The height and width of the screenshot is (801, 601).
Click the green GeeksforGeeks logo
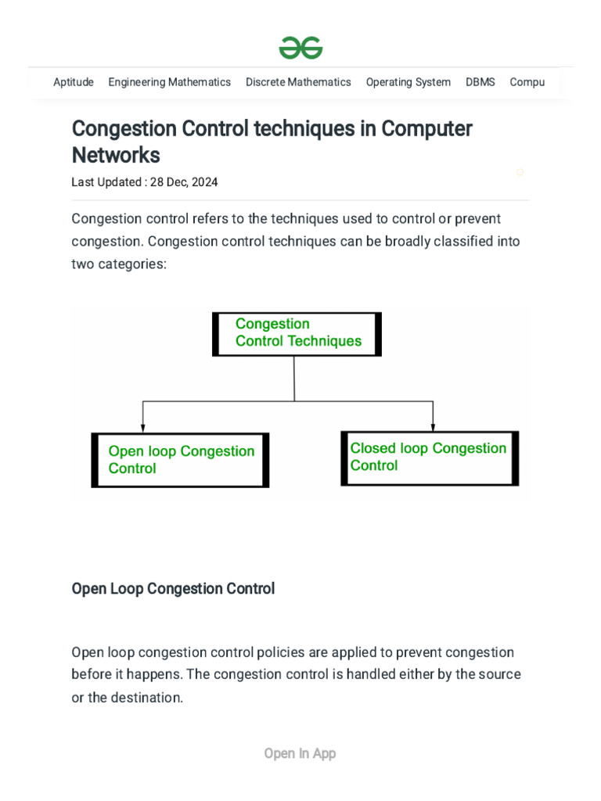300,48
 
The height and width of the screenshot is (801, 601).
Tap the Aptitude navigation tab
74,82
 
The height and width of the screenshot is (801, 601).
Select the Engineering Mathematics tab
169,82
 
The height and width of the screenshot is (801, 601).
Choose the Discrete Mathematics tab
298,82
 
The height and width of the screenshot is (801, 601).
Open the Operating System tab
408,82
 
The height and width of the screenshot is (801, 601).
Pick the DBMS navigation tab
480,82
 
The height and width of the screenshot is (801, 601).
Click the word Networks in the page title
116,155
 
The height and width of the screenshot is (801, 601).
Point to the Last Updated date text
145,182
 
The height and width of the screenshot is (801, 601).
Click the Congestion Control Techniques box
297,334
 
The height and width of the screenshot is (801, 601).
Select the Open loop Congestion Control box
180,460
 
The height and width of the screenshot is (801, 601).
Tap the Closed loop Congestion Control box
430,458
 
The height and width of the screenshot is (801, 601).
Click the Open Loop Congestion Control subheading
173,588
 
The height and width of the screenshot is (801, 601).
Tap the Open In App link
300,753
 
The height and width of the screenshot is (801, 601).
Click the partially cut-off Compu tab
527,82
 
